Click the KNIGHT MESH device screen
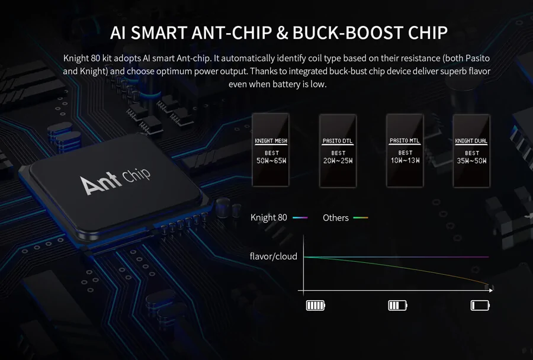271,150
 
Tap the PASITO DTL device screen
338,150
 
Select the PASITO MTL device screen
405,150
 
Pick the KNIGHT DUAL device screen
471,150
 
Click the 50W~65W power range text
271,161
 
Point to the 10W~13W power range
405,160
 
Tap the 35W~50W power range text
471,161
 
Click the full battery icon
316,306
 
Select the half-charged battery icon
398,306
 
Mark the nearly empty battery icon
480,306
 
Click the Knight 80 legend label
268,217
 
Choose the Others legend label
336,218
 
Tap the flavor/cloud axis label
273,256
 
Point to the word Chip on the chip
136,175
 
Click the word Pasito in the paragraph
477,58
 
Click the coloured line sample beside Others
360,217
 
